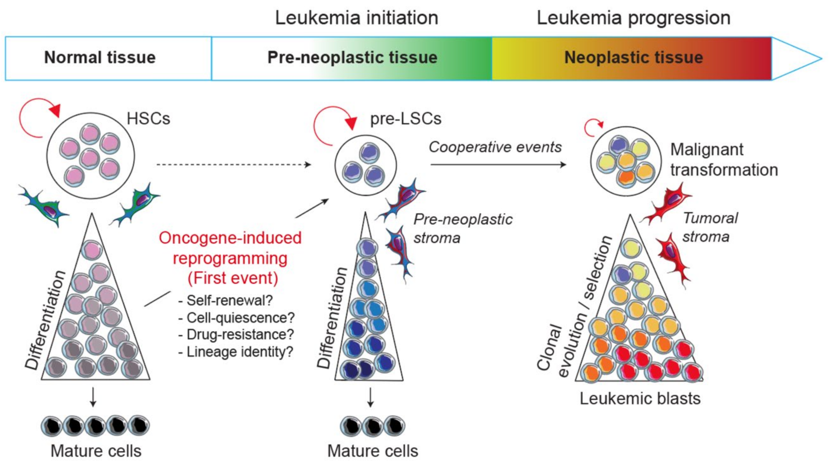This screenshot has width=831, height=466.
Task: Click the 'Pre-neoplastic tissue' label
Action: pyautogui.click(x=352, y=58)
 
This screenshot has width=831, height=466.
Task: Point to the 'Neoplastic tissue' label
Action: pyautogui.click(x=633, y=58)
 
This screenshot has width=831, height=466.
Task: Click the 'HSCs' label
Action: pyautogui.click(x=148, y=119)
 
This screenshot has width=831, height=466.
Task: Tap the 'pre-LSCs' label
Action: pyautogui.click(x=405, y=119)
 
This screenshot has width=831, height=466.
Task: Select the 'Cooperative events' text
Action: pyautogui.click(x=495, y=147)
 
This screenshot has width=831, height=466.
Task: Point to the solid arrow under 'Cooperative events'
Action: pyautogui.click(x=498, y=165)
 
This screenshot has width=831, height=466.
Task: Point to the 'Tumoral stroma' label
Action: pyautogui.click(x=710, y=227)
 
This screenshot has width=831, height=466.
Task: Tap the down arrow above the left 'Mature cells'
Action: pyautogui.click(x=93, y=397)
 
